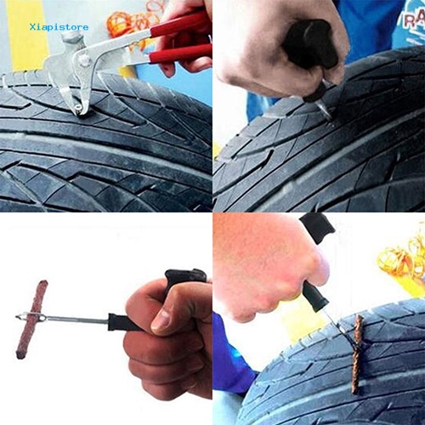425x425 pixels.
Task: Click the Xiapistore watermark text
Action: pyautogui.click(x=59, y=26)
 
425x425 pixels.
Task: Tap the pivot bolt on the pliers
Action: pyautogui.click(x=84, y=61)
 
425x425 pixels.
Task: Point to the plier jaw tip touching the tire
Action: pyautogui.click(x=77, y=109)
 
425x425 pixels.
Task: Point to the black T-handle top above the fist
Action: pyautogui.click(x=185, y=277)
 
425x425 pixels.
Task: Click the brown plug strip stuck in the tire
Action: pyautogui.click(x=358, y=353)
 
